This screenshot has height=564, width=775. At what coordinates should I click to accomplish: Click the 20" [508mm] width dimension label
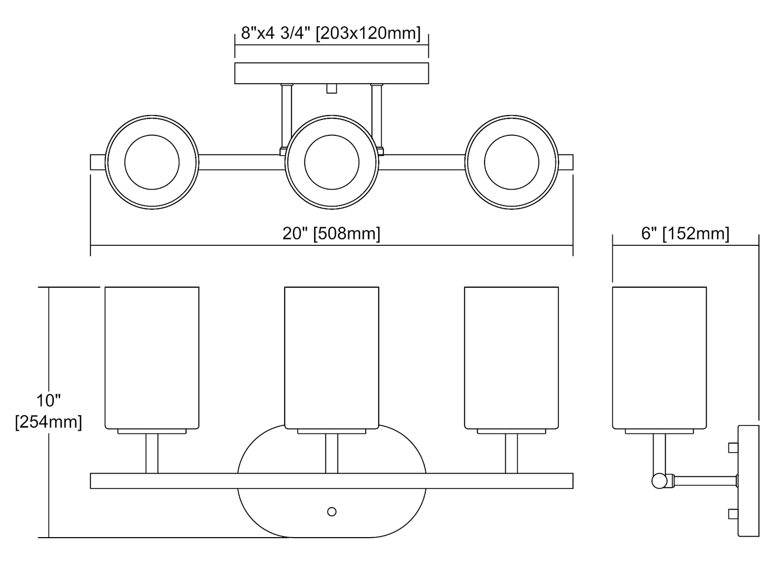[x=331, y=234]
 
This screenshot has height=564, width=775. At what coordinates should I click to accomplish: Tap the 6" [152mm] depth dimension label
[x=685, y=234]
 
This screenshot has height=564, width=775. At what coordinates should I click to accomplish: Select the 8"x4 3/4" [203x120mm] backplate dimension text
[x=331, y=33]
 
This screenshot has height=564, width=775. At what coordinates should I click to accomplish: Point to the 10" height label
[x=49, y=400]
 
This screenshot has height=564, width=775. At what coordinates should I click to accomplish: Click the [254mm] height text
[x=49, y=422]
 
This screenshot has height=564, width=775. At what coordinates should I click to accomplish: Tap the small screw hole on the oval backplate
[x=332, y=512]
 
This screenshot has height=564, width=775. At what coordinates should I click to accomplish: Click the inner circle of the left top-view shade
[x=152, y=162]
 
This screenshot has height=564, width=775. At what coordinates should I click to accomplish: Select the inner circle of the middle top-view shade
[x=332, y=162]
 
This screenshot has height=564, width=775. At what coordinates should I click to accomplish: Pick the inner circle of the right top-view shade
[x=512, y=162]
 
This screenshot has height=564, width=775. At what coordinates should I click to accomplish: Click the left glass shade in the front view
[x=152, y=358]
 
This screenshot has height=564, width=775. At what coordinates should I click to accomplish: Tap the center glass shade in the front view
[x=332, y=358]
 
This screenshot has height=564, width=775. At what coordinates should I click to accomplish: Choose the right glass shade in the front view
[x=512, y=358]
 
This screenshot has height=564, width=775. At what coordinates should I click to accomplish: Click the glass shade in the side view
[x=659, y=358]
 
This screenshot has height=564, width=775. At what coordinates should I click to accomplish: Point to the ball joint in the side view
[x=659, y=481]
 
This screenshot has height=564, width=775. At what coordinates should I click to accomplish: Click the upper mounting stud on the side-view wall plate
[x=733, y=448]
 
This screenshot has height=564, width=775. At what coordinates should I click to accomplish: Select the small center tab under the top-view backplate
[x=332, y=88]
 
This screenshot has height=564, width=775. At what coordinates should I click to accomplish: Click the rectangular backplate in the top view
[x=332, y=73]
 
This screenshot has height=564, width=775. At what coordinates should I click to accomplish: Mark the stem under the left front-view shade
[x=152, y=453]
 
